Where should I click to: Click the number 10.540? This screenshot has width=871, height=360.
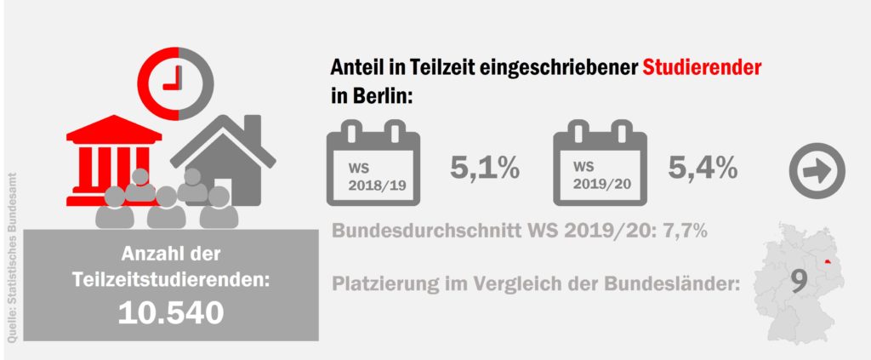pyautogui.click(x=172, y=312)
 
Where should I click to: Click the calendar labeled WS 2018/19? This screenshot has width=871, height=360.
pyautogui.click(x=373, y=168)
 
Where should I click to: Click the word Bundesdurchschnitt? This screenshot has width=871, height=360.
pyautogui.click(x=424, y=231)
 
